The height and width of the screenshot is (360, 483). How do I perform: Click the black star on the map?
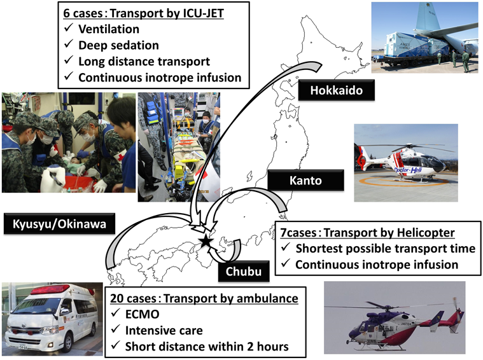point(205,241)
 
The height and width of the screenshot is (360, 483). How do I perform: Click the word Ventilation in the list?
point(109,29)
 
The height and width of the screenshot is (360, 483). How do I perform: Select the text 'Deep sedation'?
point(117,45)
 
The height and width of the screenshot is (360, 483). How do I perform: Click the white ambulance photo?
point(51,319)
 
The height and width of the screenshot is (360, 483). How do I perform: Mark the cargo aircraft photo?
point(424,37)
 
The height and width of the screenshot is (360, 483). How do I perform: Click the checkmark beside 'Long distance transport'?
point(69,62)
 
